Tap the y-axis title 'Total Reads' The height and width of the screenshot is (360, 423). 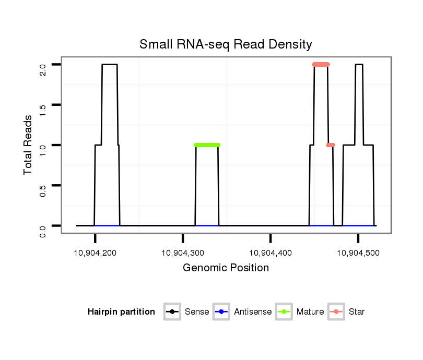29,145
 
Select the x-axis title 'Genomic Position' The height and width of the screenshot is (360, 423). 226,268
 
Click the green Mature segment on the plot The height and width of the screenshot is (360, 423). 207,145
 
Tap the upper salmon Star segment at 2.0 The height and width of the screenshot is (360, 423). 321,65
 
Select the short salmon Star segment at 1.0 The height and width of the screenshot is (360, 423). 331,145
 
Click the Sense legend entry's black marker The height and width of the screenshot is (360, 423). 172,312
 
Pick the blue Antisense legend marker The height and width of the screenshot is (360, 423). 221,312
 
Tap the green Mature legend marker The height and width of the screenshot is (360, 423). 284,312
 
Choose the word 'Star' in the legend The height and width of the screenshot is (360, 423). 357,312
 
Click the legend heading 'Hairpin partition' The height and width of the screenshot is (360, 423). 121,312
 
